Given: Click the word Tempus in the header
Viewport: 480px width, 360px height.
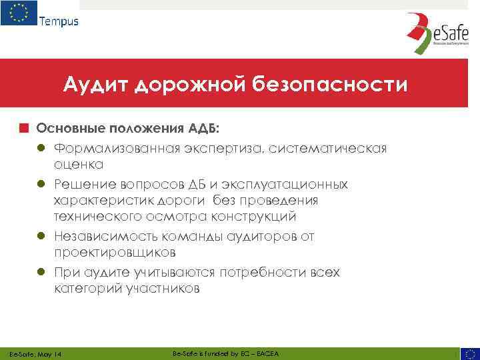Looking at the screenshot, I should [59, 21].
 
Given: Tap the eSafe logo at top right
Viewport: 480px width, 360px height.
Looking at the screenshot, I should [433, 34].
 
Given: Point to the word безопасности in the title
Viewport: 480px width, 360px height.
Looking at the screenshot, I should [329, 85].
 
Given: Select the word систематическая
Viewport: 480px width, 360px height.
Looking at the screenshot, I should [331, 147].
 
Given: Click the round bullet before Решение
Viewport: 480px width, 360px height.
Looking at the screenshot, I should [41, 184].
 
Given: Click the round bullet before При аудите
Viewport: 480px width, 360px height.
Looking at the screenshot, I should [41, 273].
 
